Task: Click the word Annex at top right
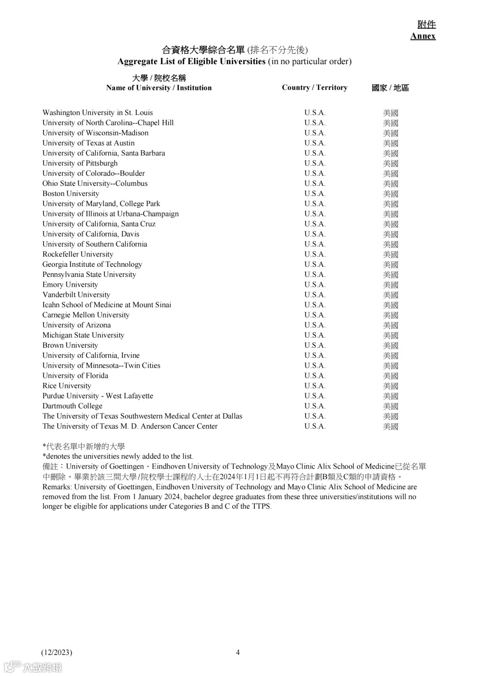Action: tap(423, 36)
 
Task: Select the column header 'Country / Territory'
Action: tap(314, 88)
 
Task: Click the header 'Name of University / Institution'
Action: tap(159, 88)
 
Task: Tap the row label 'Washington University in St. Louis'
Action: tap(98, 112)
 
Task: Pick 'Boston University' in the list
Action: tap(71, 193)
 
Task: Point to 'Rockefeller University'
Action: tap(78, 254)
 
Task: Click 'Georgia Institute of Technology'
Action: tap(92, 264)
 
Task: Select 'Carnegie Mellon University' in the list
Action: tap(86, 315)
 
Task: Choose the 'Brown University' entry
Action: tap(70, 345)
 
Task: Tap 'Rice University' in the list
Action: tap(67, 385)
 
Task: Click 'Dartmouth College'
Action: tap(72, 406)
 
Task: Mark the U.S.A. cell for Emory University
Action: tap(314, 284)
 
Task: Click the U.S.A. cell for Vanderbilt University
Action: tap(314, 295)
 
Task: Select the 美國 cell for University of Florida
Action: tap(390, 376)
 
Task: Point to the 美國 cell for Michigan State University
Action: tap(390, 335)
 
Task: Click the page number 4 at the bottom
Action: tap(238, 652)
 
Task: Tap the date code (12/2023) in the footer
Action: tap(57, 652)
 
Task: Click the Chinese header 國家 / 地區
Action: tap(390, 88)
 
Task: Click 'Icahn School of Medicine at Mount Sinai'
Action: tap(106, 304)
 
